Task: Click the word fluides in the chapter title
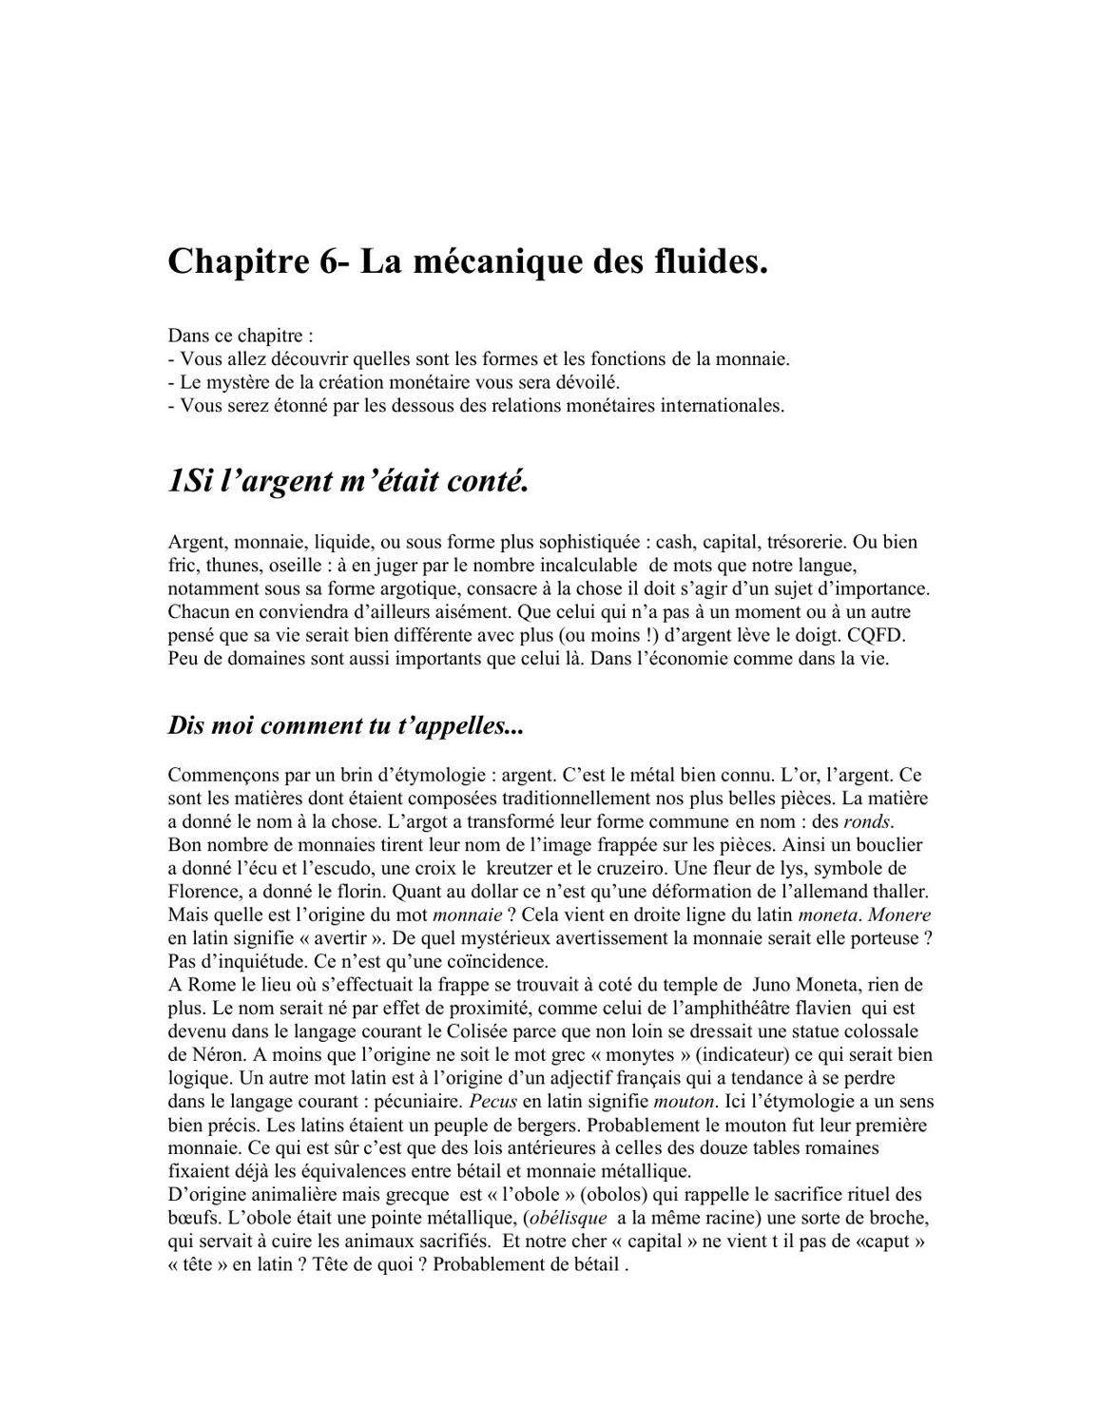tap(711, 261)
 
